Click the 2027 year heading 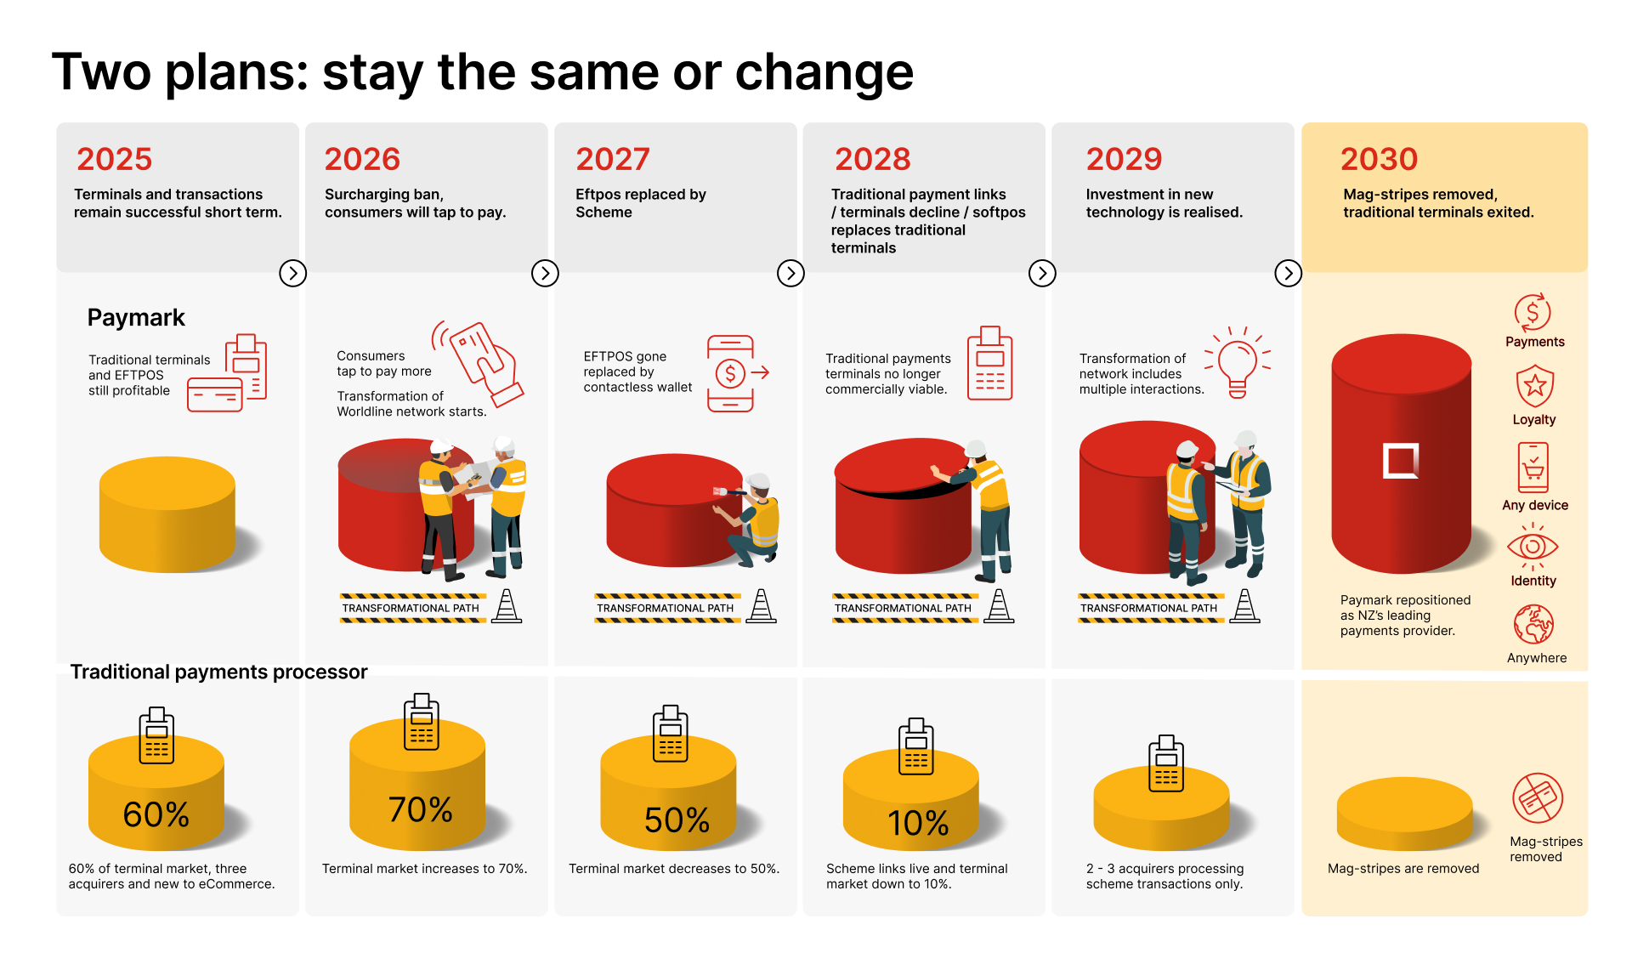[x=612, y=159]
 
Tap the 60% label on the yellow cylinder [x=156, y=814]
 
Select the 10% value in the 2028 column [x=918, y=823]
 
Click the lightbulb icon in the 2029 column [x=1238, y=363]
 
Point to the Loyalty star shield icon [x=1534, y=387]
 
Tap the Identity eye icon [x=1533, y=547]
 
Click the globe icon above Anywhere [x=1533, y=625]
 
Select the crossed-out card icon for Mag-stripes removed [x=1538, y=798]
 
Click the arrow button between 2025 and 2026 [x=293, y=273]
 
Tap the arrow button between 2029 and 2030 [x=1289, y=273]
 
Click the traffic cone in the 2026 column [x=507, y=606]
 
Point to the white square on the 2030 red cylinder [x=1401, y=461]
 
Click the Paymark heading [x=136, y=318]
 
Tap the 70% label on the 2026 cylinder [x=420, y=809]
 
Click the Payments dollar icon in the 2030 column [x=1533, y=313]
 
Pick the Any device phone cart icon [x=1533, y=468]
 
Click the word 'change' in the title [x=824, y=72]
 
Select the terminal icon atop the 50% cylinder [x=670, y=734]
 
